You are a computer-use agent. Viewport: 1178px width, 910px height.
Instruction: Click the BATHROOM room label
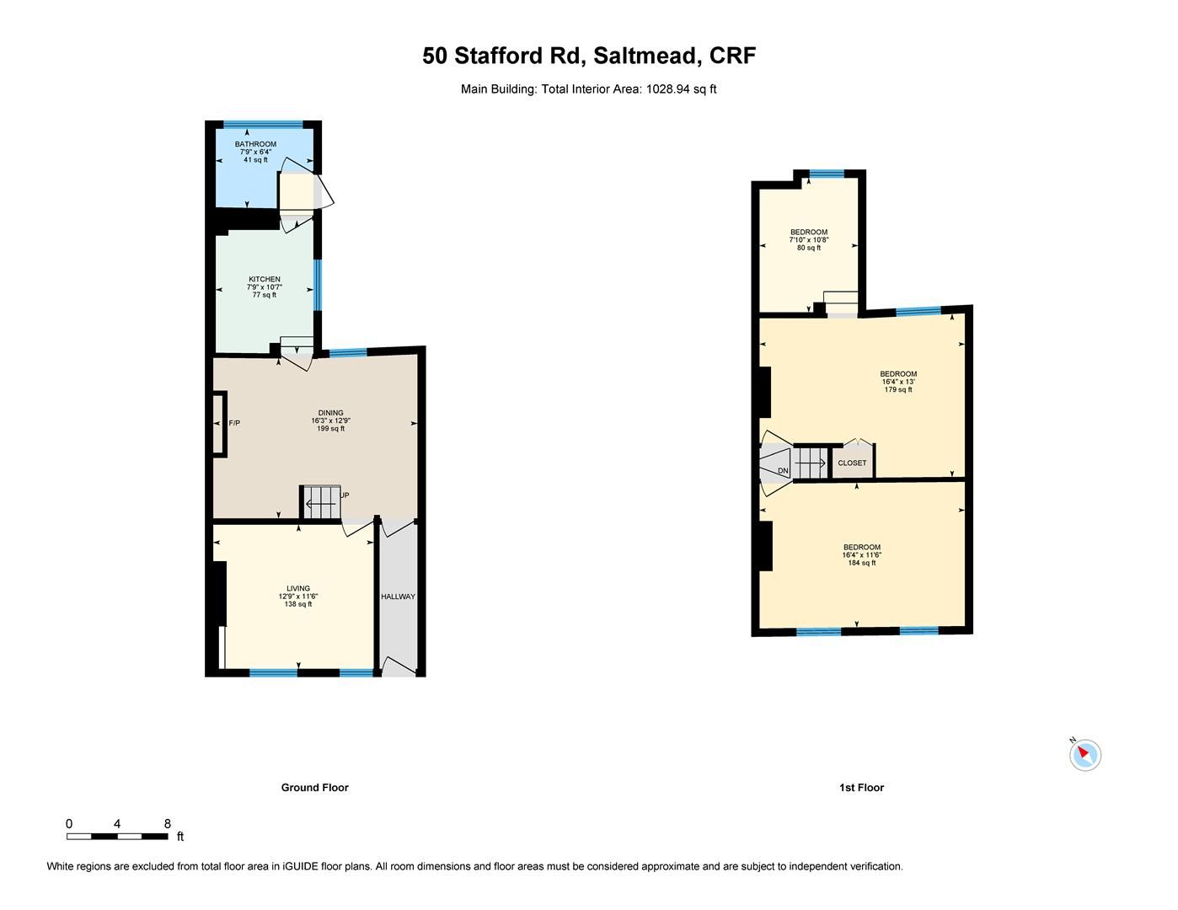255,144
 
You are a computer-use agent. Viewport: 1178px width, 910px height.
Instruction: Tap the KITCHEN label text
264,280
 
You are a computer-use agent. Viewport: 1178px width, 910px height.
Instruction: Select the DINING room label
330,413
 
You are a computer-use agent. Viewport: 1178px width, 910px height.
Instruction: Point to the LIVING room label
298,589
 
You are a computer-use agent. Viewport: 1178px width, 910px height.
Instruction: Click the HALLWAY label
398,597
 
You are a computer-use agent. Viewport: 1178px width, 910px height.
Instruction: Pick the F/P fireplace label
234,423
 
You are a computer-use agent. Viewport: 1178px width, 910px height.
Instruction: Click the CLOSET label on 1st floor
852,463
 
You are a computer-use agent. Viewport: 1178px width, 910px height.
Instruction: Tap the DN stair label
783,470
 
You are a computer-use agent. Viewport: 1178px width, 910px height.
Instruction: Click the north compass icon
1084,754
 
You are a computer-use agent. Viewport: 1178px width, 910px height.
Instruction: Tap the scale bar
117,836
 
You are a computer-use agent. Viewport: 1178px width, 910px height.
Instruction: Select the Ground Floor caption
314,788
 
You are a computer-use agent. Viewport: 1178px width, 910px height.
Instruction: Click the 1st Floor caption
861,788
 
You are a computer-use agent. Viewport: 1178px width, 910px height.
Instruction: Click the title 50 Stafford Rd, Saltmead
589,56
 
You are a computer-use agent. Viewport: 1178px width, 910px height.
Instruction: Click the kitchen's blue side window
318,284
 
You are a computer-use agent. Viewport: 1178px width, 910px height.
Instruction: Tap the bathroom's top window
263,126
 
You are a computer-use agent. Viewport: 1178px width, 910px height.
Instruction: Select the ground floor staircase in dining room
321,502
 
